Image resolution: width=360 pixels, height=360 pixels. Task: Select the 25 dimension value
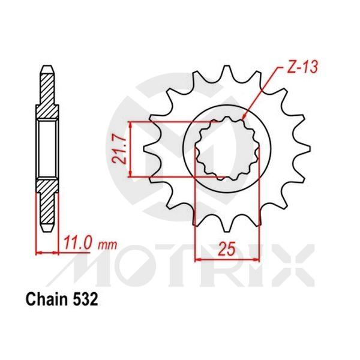coord(226,249)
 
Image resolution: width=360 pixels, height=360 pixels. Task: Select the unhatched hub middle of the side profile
coord(47,149)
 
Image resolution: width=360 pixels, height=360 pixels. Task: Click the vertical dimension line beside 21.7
coord(131,150)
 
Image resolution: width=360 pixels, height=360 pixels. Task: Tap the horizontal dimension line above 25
coord(226,260)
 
